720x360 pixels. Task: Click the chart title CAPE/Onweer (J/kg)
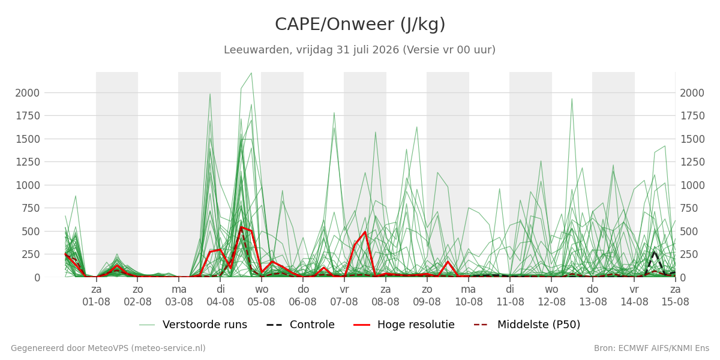(360, 25)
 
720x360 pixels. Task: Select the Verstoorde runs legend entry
(193, 325)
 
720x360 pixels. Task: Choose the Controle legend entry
(301, 325)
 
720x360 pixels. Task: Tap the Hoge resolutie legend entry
(404, 325)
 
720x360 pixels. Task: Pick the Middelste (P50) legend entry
(527, 325)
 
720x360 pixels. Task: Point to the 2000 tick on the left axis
(28, 93)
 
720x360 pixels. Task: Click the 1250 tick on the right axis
(692, 162)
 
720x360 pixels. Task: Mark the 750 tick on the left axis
(31, 208)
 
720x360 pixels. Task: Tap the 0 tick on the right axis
(683, 277)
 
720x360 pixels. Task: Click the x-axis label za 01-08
(96, 296)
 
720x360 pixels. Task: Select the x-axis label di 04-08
(220, 296)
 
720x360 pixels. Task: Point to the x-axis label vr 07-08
(344, 296)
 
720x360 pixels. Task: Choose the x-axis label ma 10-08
(469, 296)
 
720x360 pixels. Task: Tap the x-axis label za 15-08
(675, 296)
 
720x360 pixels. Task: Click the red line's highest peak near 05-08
(241, 227)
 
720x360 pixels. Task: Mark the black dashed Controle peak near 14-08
(654, 252)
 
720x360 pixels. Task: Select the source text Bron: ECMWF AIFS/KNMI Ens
(652, 349)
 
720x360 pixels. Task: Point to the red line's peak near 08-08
(365, 232)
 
